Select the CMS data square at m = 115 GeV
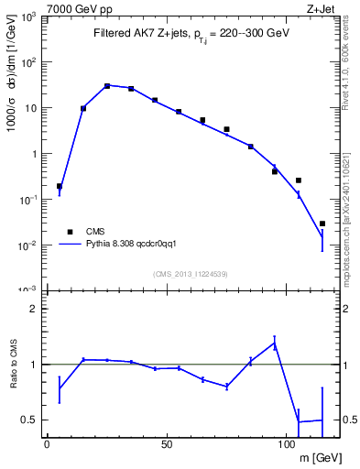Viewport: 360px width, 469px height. tap(322, 224)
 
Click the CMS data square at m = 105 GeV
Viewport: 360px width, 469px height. tap(298, 180)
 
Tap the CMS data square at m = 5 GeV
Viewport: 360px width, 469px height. tap(60, 186)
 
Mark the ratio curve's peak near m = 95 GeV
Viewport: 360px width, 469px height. tap(274, 344)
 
